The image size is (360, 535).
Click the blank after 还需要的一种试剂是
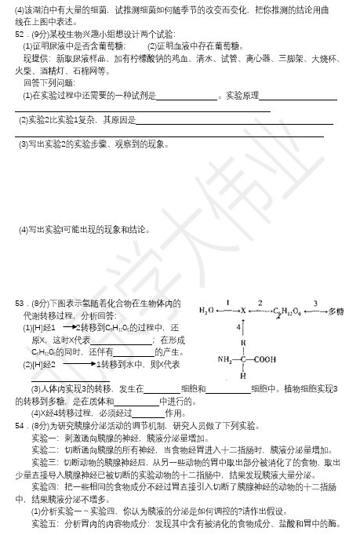pos(187,97)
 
